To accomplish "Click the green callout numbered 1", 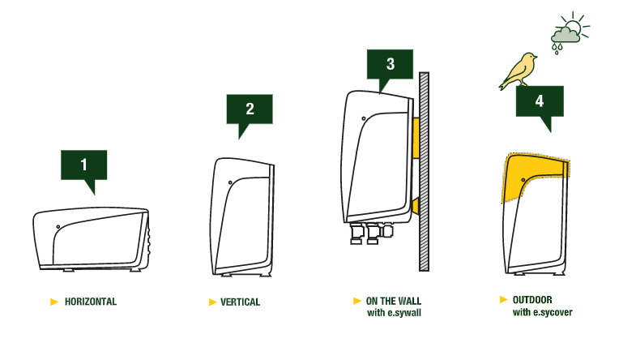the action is click(84, 165).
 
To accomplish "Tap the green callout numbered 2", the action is click(250, 109).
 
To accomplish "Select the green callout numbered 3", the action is click(390, 65).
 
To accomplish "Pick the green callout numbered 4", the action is click(540, 101).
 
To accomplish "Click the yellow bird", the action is click(519, 71).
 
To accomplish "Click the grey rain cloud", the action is click(565, 36).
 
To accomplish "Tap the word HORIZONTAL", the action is click(91, 302).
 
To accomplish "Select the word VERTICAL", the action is click(240, 302).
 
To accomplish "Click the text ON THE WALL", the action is click(394, 301).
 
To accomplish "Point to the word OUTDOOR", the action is click(532, 300).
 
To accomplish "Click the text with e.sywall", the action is click(395, 313).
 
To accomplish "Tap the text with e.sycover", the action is click(543, 312).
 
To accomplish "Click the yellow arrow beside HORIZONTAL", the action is click(54, 302).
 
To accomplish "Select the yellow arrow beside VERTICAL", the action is click(212, 302).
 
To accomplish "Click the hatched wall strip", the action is click(424, 172).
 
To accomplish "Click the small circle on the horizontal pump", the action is click(58, 227).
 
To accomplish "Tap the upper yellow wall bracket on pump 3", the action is click(416, 139).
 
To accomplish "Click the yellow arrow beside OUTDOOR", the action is click(503, 299).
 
